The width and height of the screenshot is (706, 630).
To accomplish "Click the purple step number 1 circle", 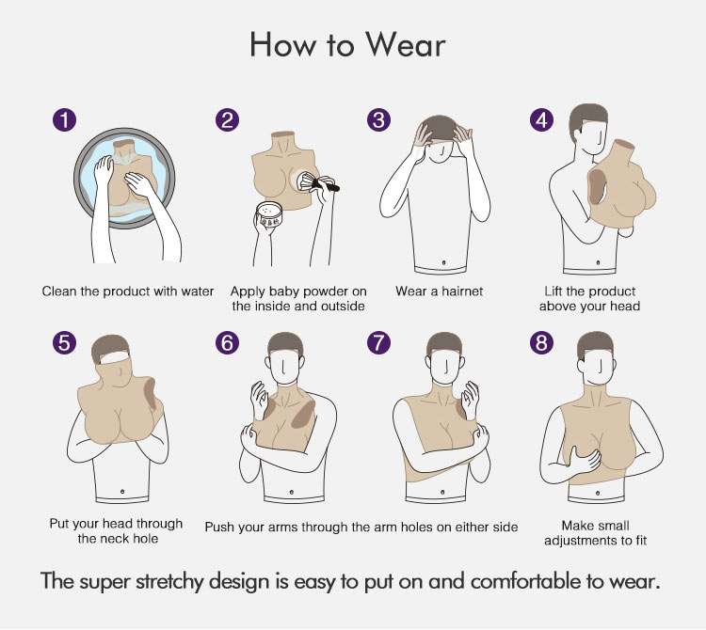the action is click(64, 120).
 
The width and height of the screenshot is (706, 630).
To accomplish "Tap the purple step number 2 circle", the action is click(227, 120).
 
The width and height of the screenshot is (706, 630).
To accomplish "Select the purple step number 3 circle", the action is click(378, 120).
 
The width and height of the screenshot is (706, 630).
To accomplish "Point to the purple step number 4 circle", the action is click(541, 120).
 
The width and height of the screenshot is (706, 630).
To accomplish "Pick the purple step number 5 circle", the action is click(64, 342).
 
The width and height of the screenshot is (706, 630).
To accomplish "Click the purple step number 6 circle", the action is click(227, 342).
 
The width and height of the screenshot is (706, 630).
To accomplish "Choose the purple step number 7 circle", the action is click(378, 342).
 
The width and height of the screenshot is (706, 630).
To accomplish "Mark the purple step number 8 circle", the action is click(541, 342).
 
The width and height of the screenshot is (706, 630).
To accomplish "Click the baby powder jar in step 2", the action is click(269, 215).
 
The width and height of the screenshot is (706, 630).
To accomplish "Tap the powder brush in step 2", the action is click(318, 181).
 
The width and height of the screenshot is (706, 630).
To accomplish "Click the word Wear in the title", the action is click(405, 45).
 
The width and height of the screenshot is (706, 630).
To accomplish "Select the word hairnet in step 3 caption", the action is click(461, 291).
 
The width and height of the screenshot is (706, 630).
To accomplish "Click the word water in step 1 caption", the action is click(198, 291).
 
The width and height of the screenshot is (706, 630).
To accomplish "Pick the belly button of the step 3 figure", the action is click(444, 262).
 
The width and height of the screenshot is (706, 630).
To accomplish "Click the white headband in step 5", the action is click(115, 357).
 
